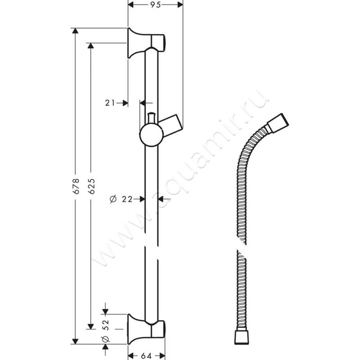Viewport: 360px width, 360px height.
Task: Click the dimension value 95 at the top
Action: coord(155,4)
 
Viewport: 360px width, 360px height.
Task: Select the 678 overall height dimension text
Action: coord(76,186)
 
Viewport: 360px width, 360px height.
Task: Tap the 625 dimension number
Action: coord(91,186)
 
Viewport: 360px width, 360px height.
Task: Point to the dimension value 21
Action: coord(110,103)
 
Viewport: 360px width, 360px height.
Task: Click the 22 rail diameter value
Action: coord(127,199)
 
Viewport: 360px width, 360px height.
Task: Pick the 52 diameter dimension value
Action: coord(106,325)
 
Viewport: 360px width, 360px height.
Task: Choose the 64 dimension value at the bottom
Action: coord(146,355)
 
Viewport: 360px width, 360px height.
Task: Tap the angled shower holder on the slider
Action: coord(171,126)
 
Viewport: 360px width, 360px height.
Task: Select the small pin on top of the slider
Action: coord(151,118)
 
